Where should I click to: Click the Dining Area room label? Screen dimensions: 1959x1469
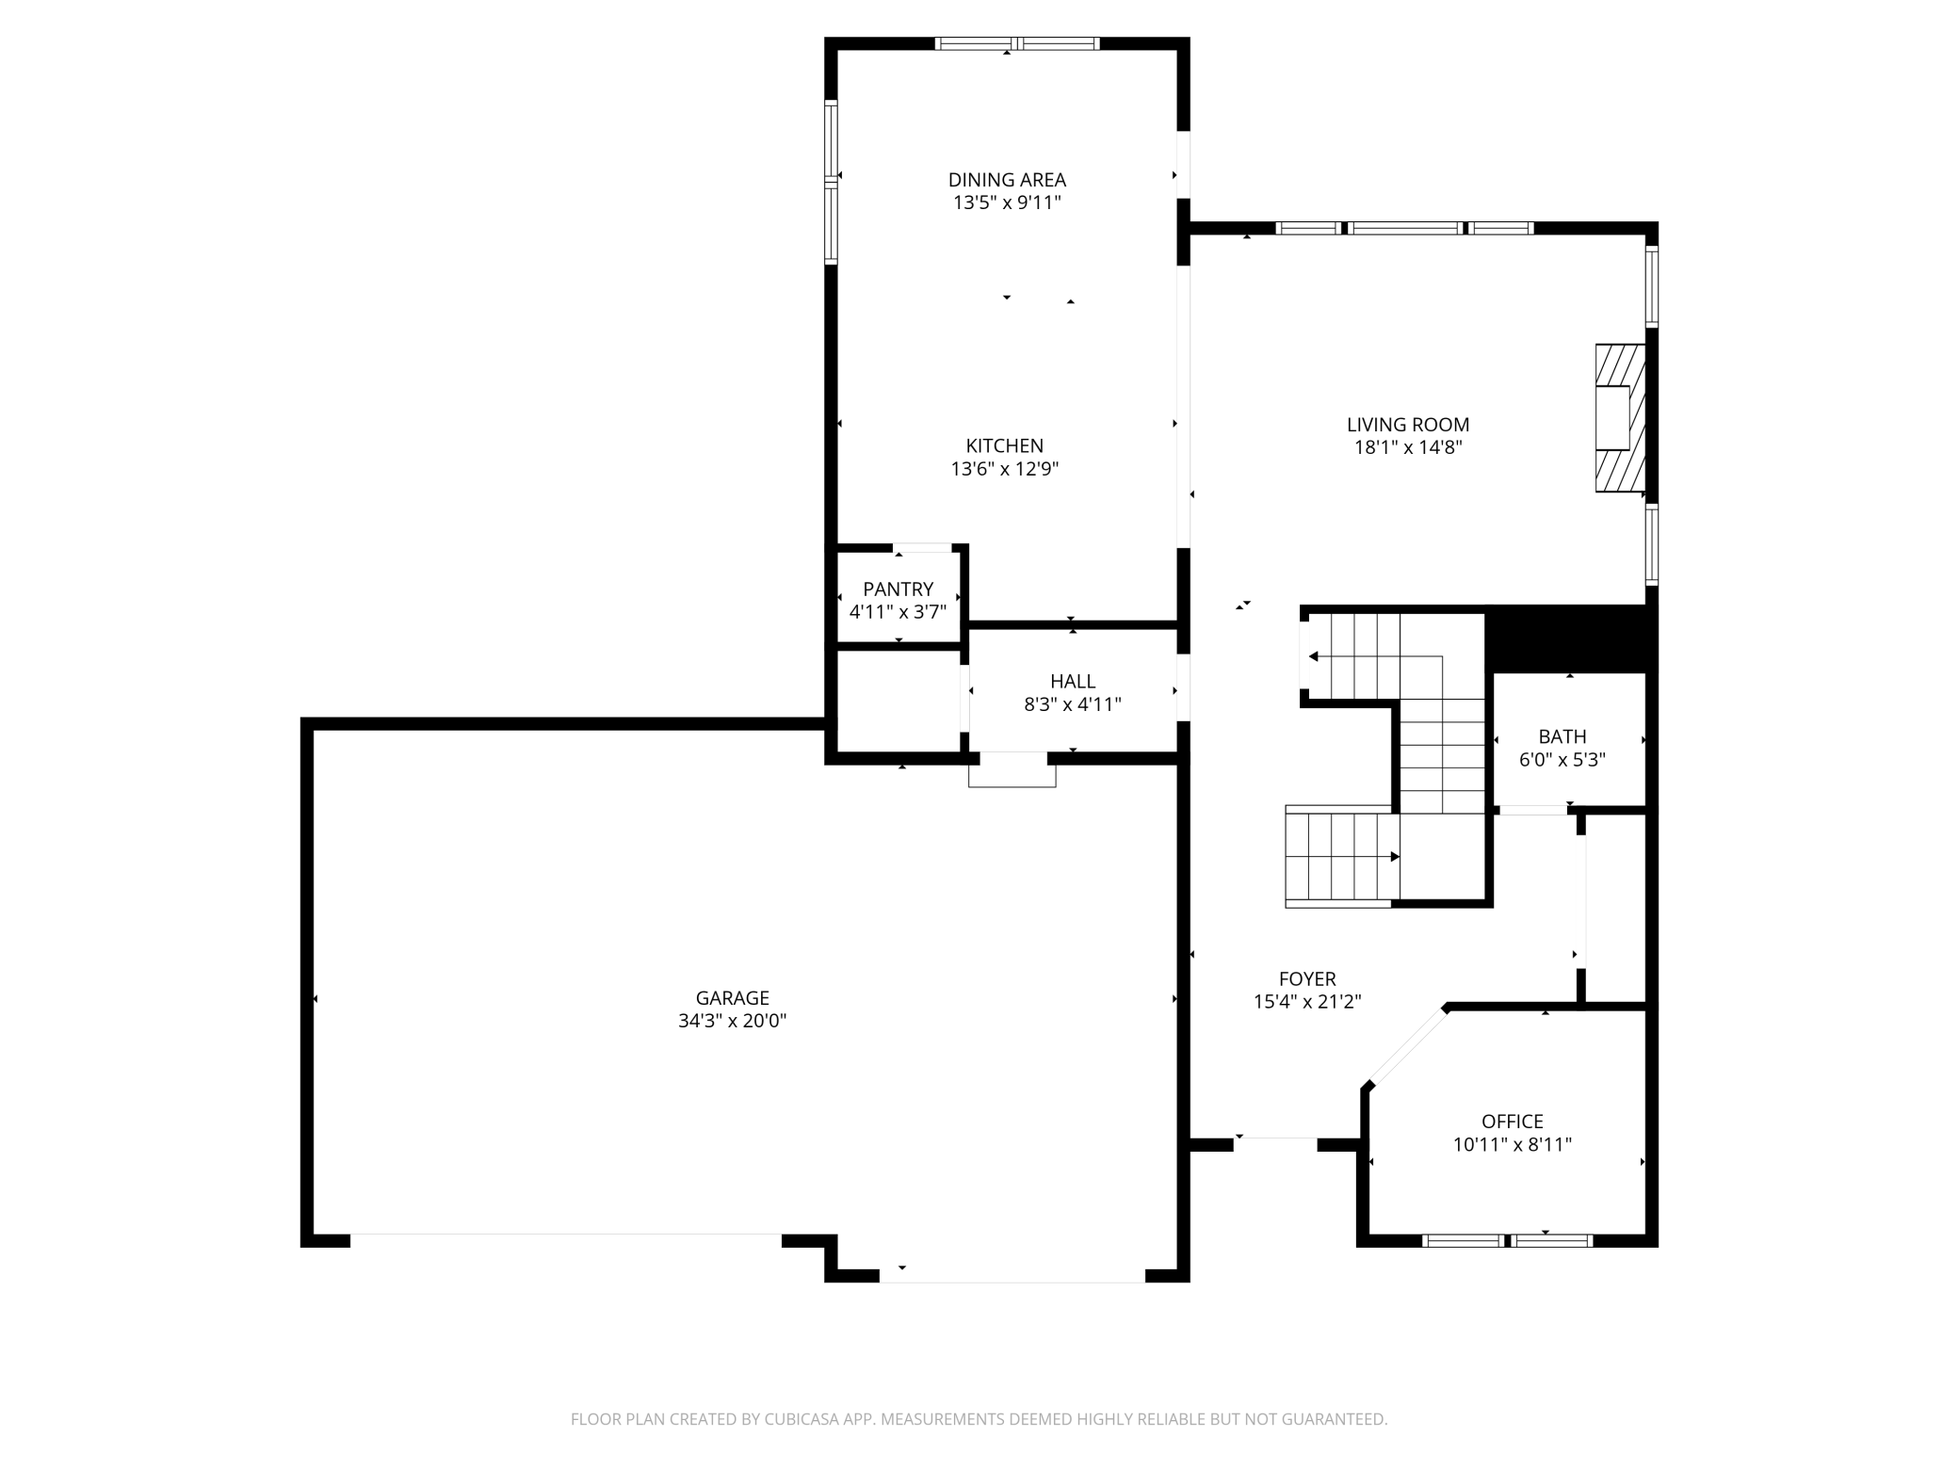(1007, 180)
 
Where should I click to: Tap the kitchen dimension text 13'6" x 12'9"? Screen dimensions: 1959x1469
(1005, 469)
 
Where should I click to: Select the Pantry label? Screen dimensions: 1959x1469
(899, 589)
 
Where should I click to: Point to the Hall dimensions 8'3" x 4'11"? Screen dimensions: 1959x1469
(1073, 703)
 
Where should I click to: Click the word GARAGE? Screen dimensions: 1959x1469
(733, 998)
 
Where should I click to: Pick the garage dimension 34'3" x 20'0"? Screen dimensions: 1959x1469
(733, 1021)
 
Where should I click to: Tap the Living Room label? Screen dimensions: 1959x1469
(1408, 425)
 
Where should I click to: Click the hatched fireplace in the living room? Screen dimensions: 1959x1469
(1620, 418)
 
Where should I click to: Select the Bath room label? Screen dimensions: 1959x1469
(1562, 736)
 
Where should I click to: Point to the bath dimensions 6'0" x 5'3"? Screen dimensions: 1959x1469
(1562, 759)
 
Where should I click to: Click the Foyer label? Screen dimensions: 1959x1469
(1307, 979)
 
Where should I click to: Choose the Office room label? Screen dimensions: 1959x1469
(1513, 1122)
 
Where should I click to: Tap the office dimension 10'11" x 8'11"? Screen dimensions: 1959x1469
(1513, 1144)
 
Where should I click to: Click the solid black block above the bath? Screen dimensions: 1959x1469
(1570, 639)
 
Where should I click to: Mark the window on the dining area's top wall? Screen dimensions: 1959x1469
(1017, 43)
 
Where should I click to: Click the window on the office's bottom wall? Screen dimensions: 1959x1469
(1507, 1241)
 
